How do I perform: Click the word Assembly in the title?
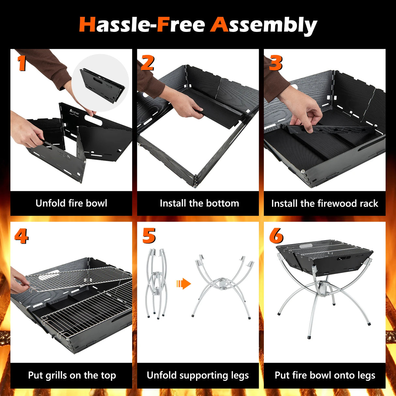coord(264,25)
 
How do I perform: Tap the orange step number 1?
coord(22,63)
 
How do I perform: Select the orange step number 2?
coord(147,63)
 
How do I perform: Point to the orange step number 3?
coord(276,63)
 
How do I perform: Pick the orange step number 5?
coord(149,236)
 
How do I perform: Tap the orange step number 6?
coord(276,236)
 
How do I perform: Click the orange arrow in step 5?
coord(184,283)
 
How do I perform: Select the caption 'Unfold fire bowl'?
coord(71,203)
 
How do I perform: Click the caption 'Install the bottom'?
coord(199,203)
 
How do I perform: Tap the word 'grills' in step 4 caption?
coord(56,375)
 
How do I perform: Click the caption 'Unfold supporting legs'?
coord(198,375)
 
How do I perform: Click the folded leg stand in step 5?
coord(157,283)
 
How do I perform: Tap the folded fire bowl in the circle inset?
coord(102,85)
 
